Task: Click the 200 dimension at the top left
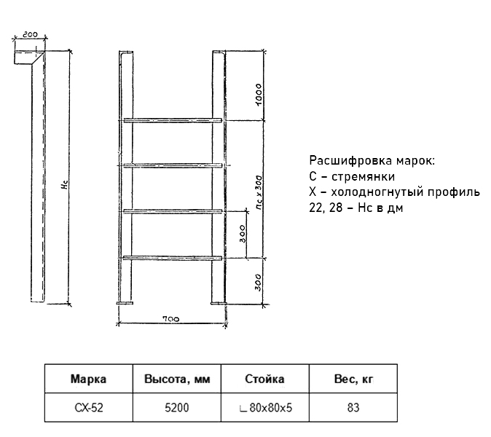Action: coord(30,34)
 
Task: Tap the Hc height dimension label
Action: coord(65,184)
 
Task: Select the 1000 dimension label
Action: coord(259,95)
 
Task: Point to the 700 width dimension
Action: coord(171,319)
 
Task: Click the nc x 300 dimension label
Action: coord(259,192)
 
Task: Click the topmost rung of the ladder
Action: coord(173,120)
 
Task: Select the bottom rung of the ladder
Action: coord(173,258)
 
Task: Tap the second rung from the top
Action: coord(173,165)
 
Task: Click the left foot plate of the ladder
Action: coord(125,303)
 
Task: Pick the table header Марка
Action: coord(88,379)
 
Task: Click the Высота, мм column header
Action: coord(177,379)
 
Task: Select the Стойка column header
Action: coord(264,379)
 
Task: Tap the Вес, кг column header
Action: coord(353,379)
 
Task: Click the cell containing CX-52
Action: coord(89,408)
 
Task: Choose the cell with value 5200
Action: coord(177,408)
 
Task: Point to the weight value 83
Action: coord(353,408)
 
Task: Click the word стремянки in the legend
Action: coord(363,176)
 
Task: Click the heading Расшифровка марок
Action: coord(372,160)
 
